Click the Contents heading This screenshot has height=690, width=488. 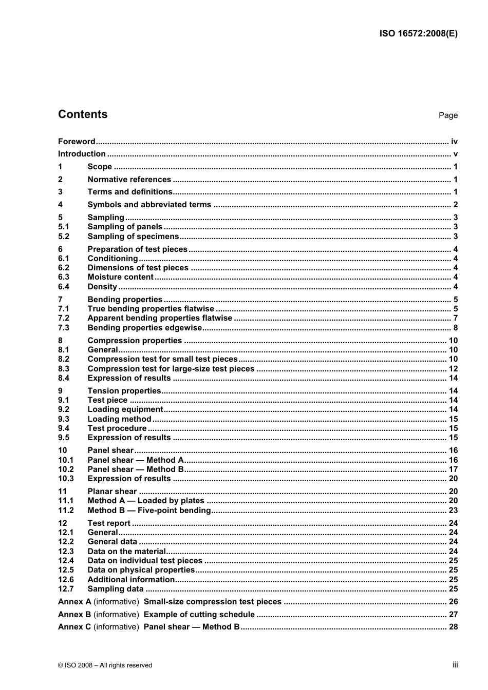tap(83, 114)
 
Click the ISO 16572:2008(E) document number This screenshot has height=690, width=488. tap(418, 34)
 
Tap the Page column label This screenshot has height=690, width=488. tap(448, 115)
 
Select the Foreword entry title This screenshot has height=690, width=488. tap(77, 142)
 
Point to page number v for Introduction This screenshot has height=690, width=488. tap(455, 154)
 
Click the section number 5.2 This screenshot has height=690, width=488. tap(64, 236)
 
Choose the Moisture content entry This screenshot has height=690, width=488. tap(120, 277)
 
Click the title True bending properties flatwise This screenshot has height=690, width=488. tap(151, 309)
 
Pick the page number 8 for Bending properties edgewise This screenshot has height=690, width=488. tap(455, 328)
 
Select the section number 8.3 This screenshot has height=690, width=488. tap(64, 369)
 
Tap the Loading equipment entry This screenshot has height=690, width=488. tap(125, 409)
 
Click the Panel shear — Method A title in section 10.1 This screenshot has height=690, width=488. tap(136, 460)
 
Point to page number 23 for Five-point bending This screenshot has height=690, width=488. tap(453, 510)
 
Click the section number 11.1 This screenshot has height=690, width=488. tap(66, 501)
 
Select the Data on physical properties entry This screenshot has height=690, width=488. tap(141, 570)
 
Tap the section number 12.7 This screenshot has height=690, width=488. tap(66, 589)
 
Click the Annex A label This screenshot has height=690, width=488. tap(74, 602)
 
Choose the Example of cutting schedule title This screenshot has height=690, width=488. tap(199, 615)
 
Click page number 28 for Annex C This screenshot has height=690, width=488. tap(453, 627)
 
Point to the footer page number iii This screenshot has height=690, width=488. tap(455, 665)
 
